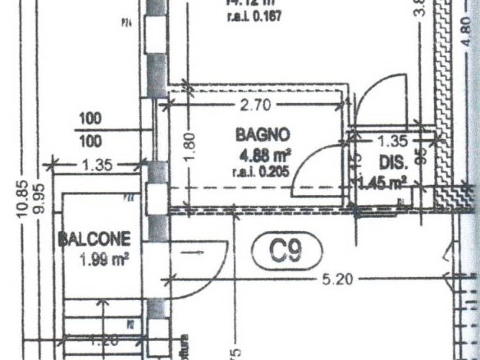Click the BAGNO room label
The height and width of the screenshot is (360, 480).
(x=262, y=135)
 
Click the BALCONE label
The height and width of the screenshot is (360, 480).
(x=94, y=240)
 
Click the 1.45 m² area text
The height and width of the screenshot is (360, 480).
(x=382, y=182)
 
